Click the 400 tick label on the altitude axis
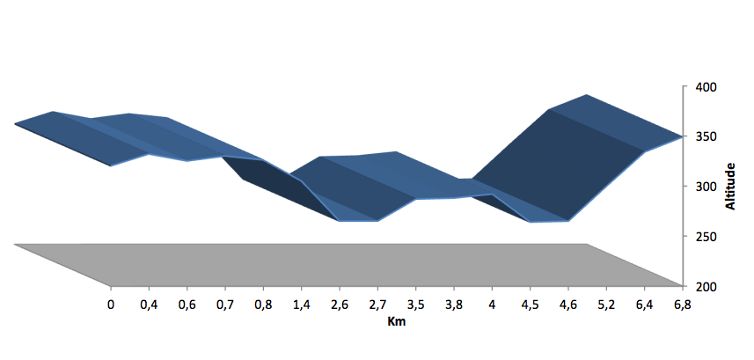(x=706, y=87)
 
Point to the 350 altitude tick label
(x=706, y=136)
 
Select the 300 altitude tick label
(x=706, y=187)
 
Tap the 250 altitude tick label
(x=706, y=237)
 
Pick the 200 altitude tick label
(x=706, y=287)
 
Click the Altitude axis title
(x=730, y=187)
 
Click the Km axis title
(x=397, y=321)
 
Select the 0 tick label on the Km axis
(x=111, y=305)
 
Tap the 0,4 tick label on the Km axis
(x=149, y=305)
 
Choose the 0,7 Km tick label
(x=225, y=305)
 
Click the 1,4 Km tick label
(x=302, y=305)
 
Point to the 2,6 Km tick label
(x=340, y=305)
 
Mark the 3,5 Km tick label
(x=415, y=305)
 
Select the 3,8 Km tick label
(x=453, y=305)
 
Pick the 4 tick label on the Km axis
(x=492, y=305)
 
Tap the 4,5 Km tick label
(x=530, y=305)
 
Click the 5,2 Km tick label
(x=606, y=305)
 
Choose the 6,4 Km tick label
(x=644, y=305)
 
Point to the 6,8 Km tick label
(x=682, y=305)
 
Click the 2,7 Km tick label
(x=377, y=305)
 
